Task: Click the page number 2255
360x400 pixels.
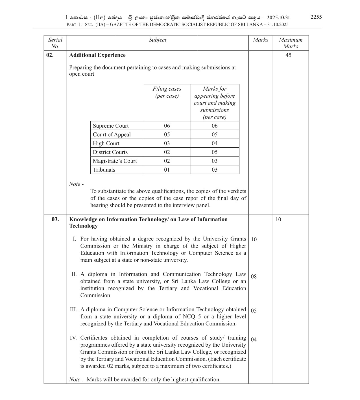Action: point(316,17)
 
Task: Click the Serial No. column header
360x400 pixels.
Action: point(55,43)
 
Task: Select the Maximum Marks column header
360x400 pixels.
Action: point(291,43)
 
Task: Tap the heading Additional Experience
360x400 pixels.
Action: point(97,55)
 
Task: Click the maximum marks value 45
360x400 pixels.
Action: point(288,55)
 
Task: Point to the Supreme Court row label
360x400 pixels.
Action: point(111,126)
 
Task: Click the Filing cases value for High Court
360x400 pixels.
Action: point(167,143)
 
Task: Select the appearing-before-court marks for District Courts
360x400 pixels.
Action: point(215,152)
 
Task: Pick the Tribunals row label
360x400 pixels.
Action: point(104,170)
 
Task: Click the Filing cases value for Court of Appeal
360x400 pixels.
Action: point(167,135)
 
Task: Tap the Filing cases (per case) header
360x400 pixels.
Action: point(167,92)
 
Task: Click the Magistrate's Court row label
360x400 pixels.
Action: point(115,161)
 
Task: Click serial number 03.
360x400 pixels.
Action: point(55,219)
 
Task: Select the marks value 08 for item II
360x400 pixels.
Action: point(254,277)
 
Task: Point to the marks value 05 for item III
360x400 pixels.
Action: point(254,311)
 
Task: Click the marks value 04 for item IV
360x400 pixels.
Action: point(254,340)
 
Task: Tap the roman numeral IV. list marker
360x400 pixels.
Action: point(73,338)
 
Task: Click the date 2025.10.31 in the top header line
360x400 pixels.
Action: point(278,18)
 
